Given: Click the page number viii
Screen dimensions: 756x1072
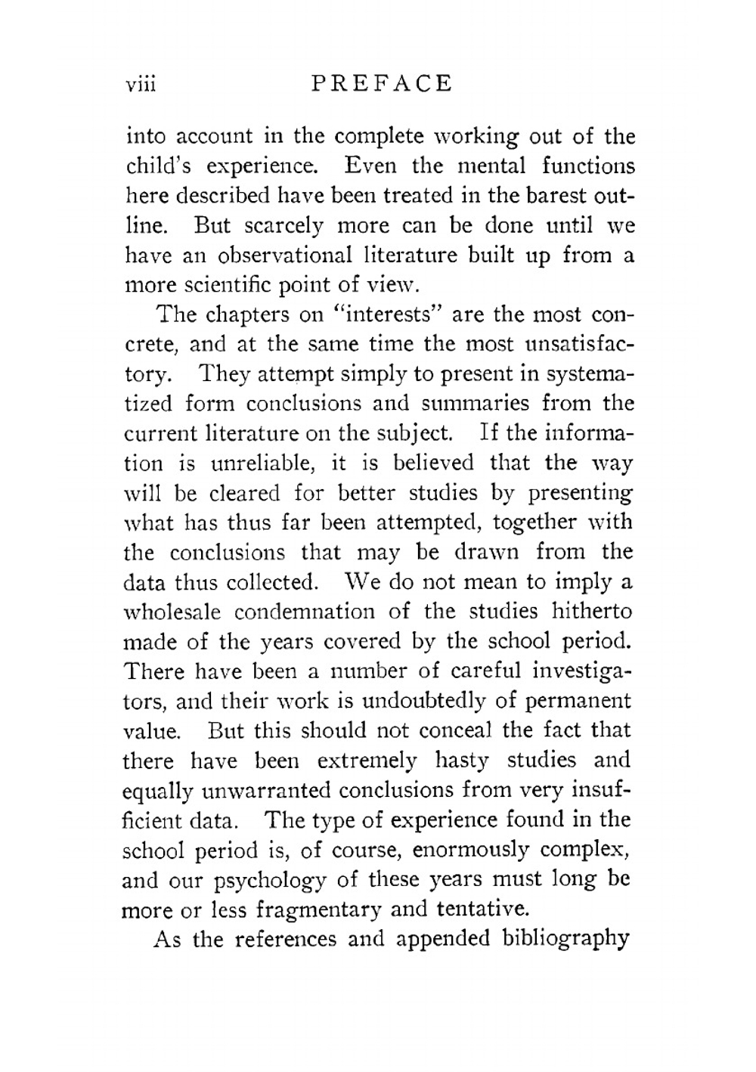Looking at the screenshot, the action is pyautogui.click(x=141, y=84).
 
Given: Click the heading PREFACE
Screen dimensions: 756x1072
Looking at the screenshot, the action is pyautogui.click(x=381, y=83).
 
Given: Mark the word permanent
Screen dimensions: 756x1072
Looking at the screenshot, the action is pyautogui.click(x=575, y=701).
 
